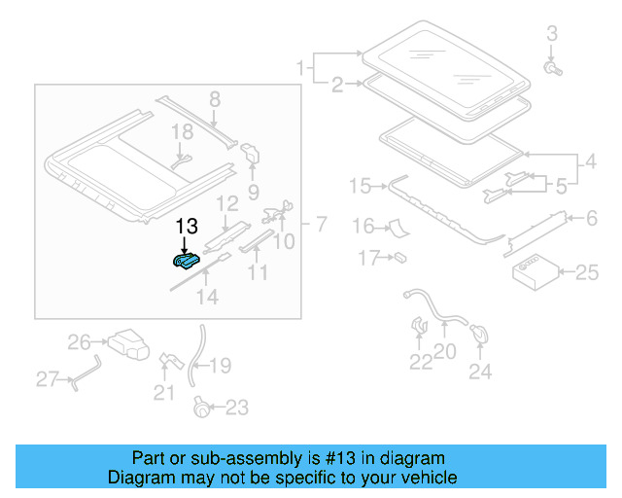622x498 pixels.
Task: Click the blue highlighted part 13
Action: coord(186,260)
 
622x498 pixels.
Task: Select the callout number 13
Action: coord(186,227)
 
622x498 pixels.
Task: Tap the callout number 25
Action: coord(587,273)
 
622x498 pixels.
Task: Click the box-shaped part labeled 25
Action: coord(532,271)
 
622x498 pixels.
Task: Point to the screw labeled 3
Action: coord(552,69)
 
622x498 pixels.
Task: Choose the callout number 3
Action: coord(551,34)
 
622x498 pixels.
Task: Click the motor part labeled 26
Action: coord(126,342)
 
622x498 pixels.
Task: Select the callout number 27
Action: coord(48,379)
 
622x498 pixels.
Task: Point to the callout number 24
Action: coord(480,371)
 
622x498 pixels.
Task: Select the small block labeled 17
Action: coord(398,259)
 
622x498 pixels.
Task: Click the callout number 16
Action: coord(363,227)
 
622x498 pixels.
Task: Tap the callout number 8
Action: coord(215,98)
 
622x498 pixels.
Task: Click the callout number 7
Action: coord(321,226)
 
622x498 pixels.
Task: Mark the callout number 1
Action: coord(300,68)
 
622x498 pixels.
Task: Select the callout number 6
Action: coord(590,220)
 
